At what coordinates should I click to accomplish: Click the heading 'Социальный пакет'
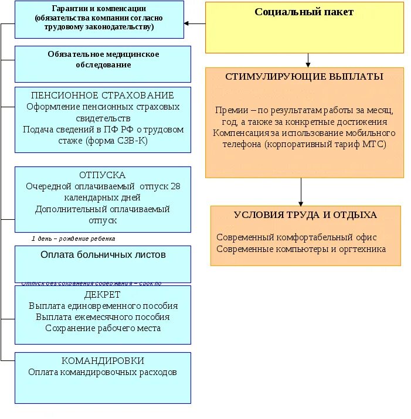(x=304, y=12)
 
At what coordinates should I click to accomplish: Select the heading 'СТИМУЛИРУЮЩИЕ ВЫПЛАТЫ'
(x=304, y=77)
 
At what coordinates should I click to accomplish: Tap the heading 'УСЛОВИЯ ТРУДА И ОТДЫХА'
(x=305, y=215)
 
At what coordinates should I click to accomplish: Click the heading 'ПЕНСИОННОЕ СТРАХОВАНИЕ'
(x=103, y=95)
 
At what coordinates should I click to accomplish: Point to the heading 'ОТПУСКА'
(x=103, y=175)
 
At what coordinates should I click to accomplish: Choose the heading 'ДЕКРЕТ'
(x=103, y=294)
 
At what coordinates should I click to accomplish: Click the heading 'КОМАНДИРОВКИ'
(x=103, y=361)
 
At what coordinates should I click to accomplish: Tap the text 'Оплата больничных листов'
(x=103, y=255)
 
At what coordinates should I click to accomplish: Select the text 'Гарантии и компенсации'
(x=99, y=9)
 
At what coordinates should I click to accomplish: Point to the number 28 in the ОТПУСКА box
(x=175, y=186)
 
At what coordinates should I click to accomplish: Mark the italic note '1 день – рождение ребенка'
(x=73, y=239)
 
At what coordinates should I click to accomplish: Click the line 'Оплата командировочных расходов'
(x=103, y=372)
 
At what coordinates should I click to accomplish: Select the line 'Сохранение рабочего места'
(x=103, y=328)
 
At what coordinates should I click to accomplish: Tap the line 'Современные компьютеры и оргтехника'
(x=301, y=248)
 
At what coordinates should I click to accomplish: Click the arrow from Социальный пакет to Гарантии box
(x=195, y=23)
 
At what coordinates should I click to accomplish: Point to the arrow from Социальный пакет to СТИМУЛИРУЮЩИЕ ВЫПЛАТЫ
(x=308, y=60)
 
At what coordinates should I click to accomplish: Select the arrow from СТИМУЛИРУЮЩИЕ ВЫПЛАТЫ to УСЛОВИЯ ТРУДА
(x=301, y=192)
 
